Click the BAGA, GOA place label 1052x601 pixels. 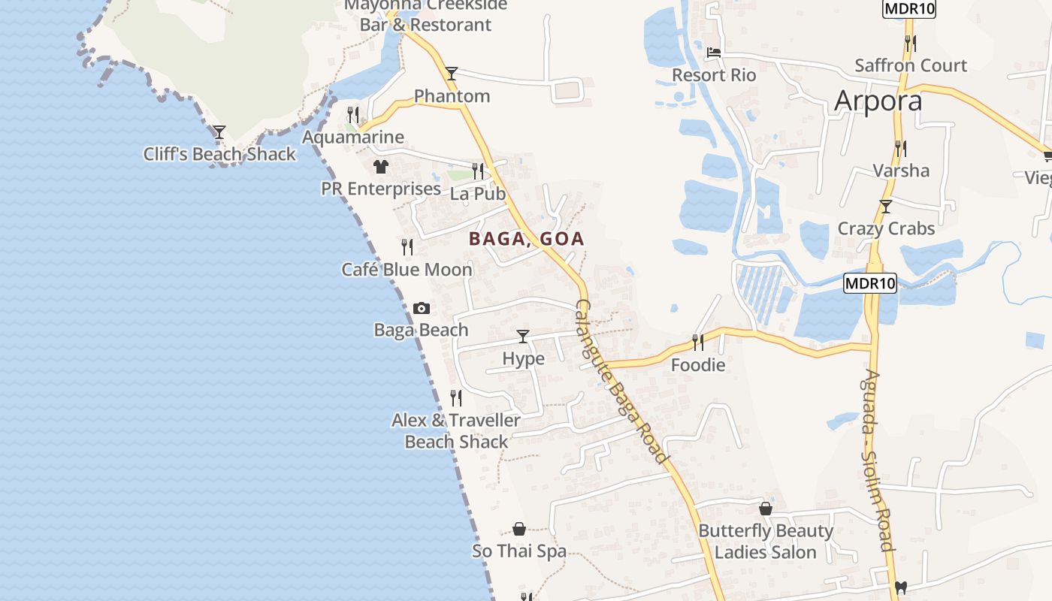click(x=526, y=239)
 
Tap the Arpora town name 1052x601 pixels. click(x=878, y=100)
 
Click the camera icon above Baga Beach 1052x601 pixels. click(x=422, y=308)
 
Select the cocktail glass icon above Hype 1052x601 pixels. click(x=523, y=336)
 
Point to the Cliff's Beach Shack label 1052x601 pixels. click(x=220, y=154)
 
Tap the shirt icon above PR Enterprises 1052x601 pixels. click(x=381, y=166)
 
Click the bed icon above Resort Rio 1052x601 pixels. click(x=714, y=53)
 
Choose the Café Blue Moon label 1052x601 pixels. click(x=407, y=269)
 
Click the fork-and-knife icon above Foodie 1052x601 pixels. click(x=698, y=343)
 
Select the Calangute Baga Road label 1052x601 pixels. click(x=621, y=382)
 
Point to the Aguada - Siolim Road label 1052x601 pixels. click(x=877, y=460)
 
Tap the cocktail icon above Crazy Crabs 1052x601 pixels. click(x=886, y=206)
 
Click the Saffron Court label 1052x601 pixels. click(x=911, y=65)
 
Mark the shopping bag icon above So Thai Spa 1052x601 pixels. click(x=518, y=529)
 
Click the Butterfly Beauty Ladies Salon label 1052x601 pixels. click(x=766, y=541)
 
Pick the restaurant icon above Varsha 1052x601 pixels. click(x=900, y=148)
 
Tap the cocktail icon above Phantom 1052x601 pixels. click(x=451, y=73)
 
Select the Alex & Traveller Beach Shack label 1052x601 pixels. click(x=456, y=430)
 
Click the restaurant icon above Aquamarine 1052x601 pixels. click(x=352, y=114)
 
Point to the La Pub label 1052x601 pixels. click(x=478, y=193)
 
